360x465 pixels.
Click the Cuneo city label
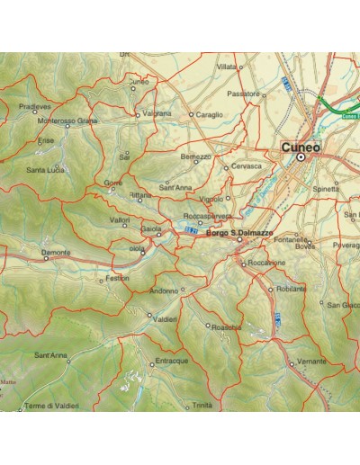[x=300, y=147]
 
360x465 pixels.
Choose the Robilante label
[x=292, y=289]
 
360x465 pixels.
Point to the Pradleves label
[x=35, y=105]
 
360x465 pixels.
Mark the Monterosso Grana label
[x=67, y=121]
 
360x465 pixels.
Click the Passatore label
[x=243, y=93]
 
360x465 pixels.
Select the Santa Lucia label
[x=46, y=169]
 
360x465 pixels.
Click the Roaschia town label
[x=225, y=327]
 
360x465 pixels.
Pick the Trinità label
[x=202, y=406]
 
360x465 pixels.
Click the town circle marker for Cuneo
[x=301, y=158]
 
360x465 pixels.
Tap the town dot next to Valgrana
[x=137, y=115]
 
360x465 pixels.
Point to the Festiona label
[x=118, y=278]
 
